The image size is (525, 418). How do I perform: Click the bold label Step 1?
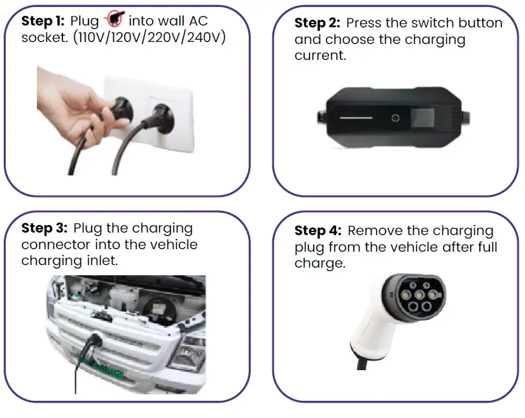43,21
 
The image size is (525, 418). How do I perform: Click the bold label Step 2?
318,24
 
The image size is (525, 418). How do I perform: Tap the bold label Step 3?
45,228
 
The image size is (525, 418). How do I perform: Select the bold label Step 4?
319,231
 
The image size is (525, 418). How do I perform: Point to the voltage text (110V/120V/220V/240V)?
150,37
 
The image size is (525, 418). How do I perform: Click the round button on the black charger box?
395,118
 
